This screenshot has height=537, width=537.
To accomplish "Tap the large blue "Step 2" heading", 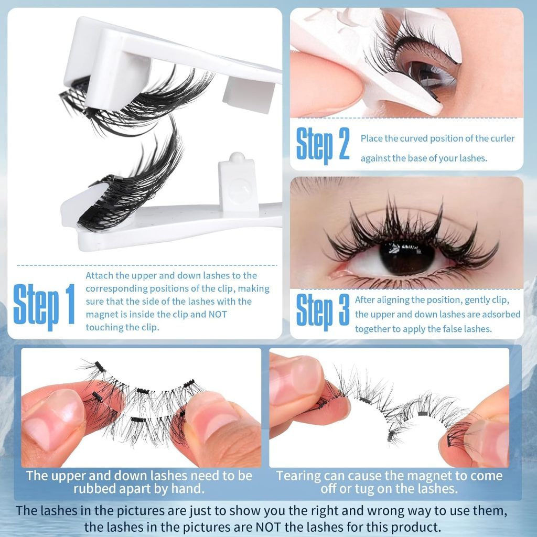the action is tap(323, 145).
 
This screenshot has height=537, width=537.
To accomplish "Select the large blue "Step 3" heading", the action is tap(323, 312).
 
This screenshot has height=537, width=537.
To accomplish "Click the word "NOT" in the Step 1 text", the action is tap(218, 315).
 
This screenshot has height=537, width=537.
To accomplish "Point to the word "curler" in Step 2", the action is tap(503, 138).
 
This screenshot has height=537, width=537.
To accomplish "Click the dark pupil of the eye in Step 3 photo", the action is tap(407, 257).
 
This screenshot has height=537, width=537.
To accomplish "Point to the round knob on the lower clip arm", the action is tap(237, 157).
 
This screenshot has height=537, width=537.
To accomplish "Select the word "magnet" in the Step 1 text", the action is tap(100, 315).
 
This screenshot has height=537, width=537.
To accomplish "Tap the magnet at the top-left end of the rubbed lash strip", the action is tap(100, 367).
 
